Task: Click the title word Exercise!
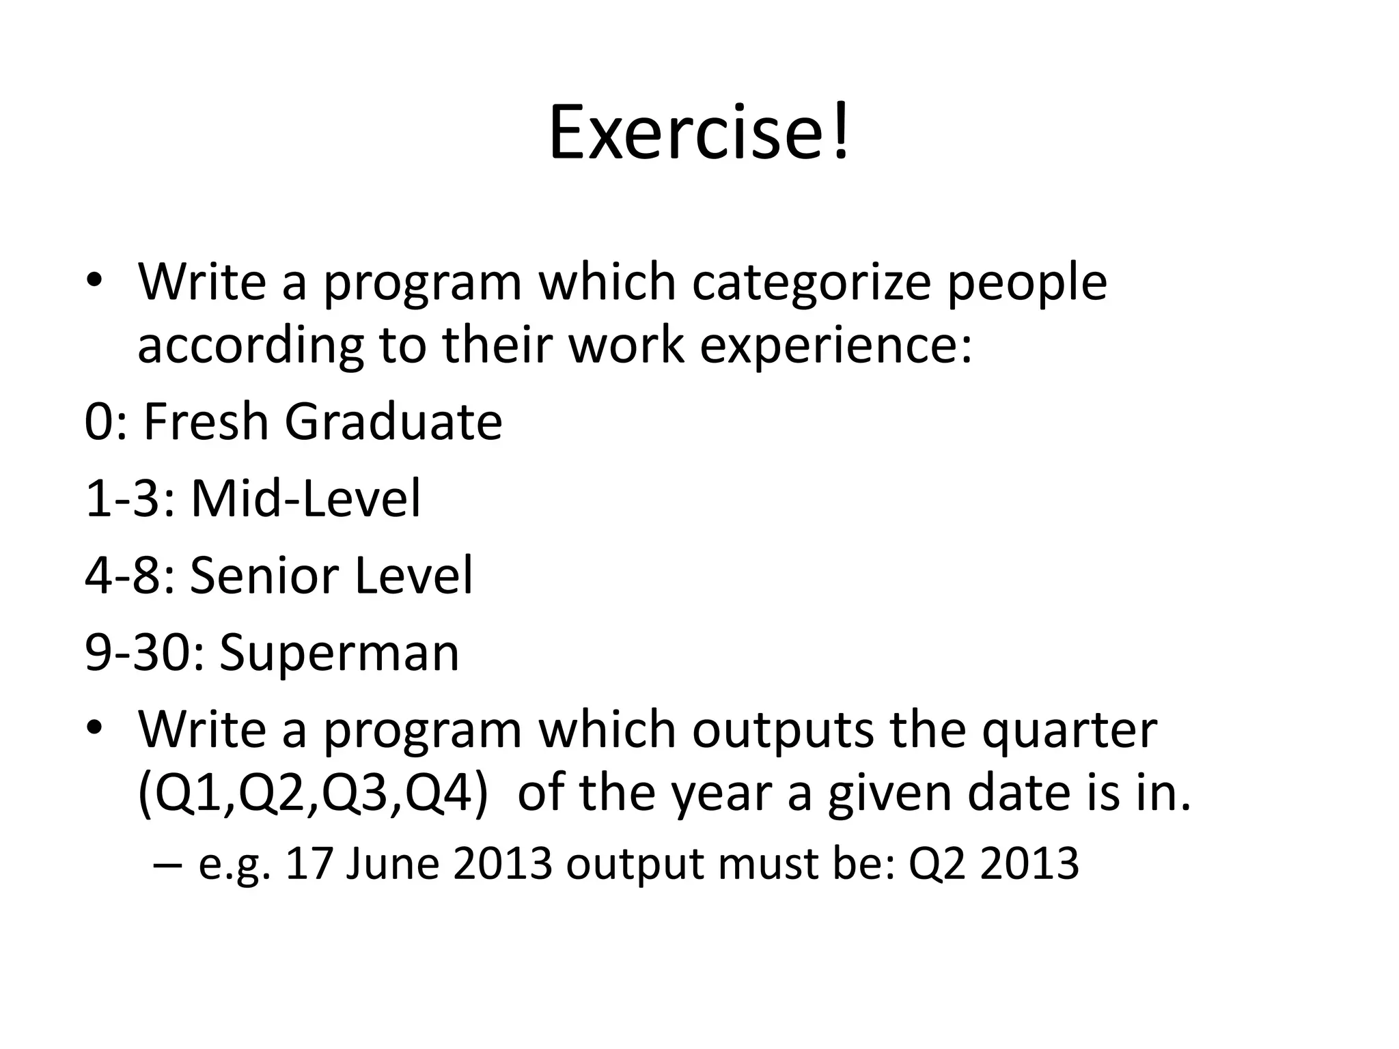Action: tap(699, 132)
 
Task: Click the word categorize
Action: tap(812, 281)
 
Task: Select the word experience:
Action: tap(835, 347)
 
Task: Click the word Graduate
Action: tap(393, 421)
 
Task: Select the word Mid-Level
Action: tap(305, 499)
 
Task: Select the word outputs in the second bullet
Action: tap(782, 731)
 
